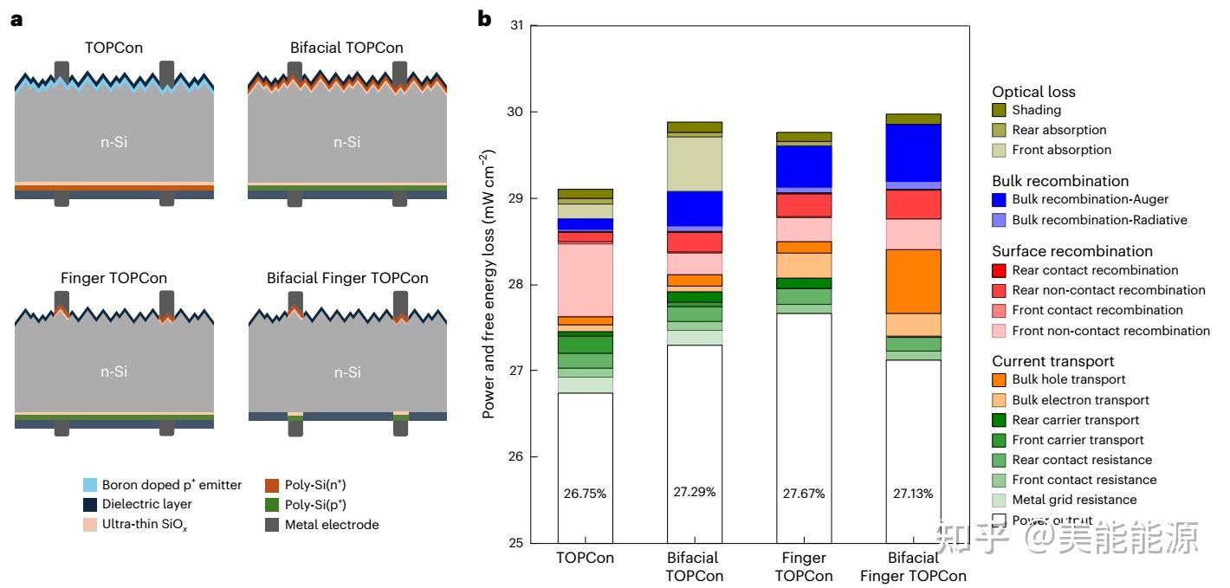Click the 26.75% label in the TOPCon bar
585,494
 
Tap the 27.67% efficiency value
804,494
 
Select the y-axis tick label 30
515,112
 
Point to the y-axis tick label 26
515,456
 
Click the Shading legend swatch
999,110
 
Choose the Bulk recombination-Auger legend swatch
999,199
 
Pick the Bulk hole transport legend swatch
999,379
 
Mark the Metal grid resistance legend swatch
999,500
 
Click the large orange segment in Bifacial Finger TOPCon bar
913,281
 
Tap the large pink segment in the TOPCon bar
586,280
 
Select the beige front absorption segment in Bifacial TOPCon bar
695,164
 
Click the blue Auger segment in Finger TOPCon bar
804,166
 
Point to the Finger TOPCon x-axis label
804,566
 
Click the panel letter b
484,19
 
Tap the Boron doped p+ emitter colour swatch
90,485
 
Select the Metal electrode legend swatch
272,524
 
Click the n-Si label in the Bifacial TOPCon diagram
347,142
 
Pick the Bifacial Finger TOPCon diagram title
347,278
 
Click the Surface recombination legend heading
1072,251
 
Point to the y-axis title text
489,284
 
